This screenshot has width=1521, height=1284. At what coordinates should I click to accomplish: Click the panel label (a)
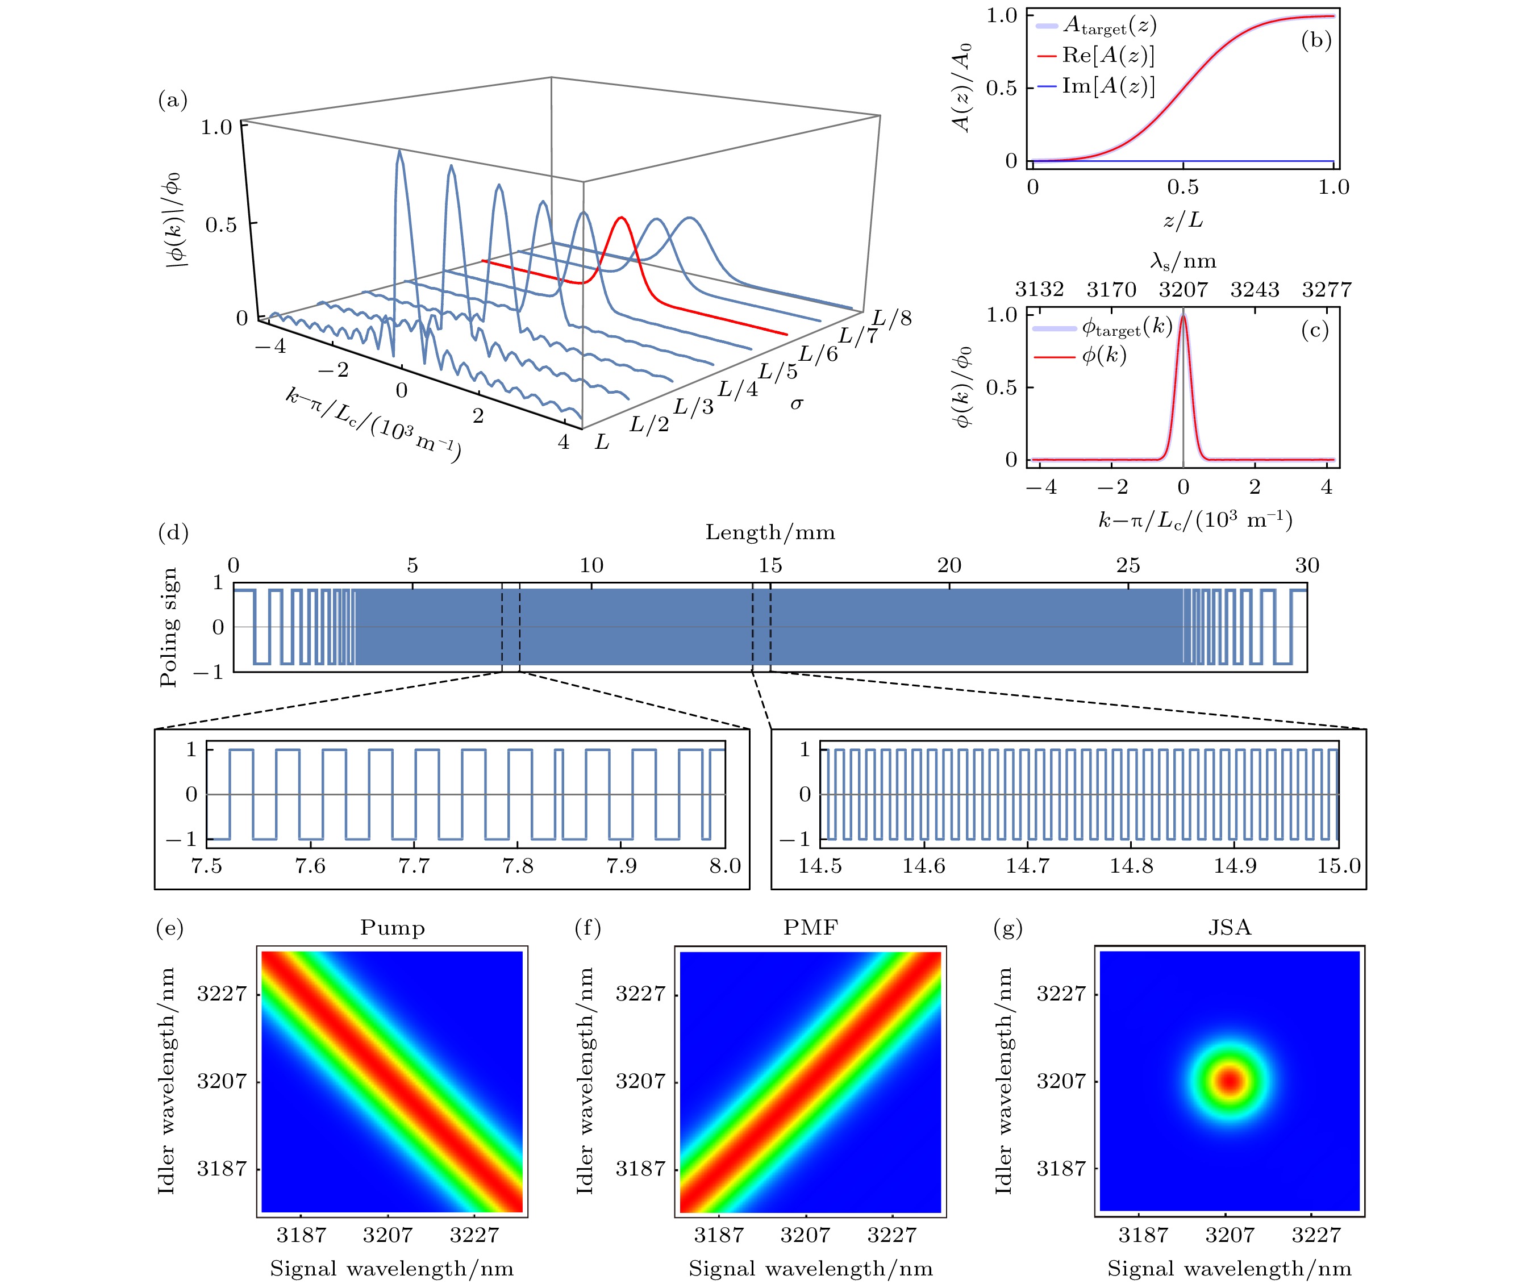point(173,100)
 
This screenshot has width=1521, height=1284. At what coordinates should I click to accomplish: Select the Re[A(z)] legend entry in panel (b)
point(1107,56)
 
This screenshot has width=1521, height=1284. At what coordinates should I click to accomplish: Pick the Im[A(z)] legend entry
point(1107,86)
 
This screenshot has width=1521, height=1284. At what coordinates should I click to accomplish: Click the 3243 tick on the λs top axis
point(1255,290)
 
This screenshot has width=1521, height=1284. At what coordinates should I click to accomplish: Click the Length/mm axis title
point(770,533)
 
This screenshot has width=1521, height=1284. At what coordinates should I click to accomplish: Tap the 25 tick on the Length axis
point(1128,565)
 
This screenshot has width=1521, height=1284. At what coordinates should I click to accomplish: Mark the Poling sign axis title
point(169,627)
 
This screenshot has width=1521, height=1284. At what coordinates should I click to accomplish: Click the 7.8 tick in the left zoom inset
point(518,866)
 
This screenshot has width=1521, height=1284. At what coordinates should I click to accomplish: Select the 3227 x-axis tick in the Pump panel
point(474,1235)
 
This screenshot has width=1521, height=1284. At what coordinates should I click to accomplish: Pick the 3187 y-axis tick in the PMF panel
point(640,1169)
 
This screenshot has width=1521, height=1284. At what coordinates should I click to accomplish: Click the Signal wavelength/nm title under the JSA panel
point(1229,1269)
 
